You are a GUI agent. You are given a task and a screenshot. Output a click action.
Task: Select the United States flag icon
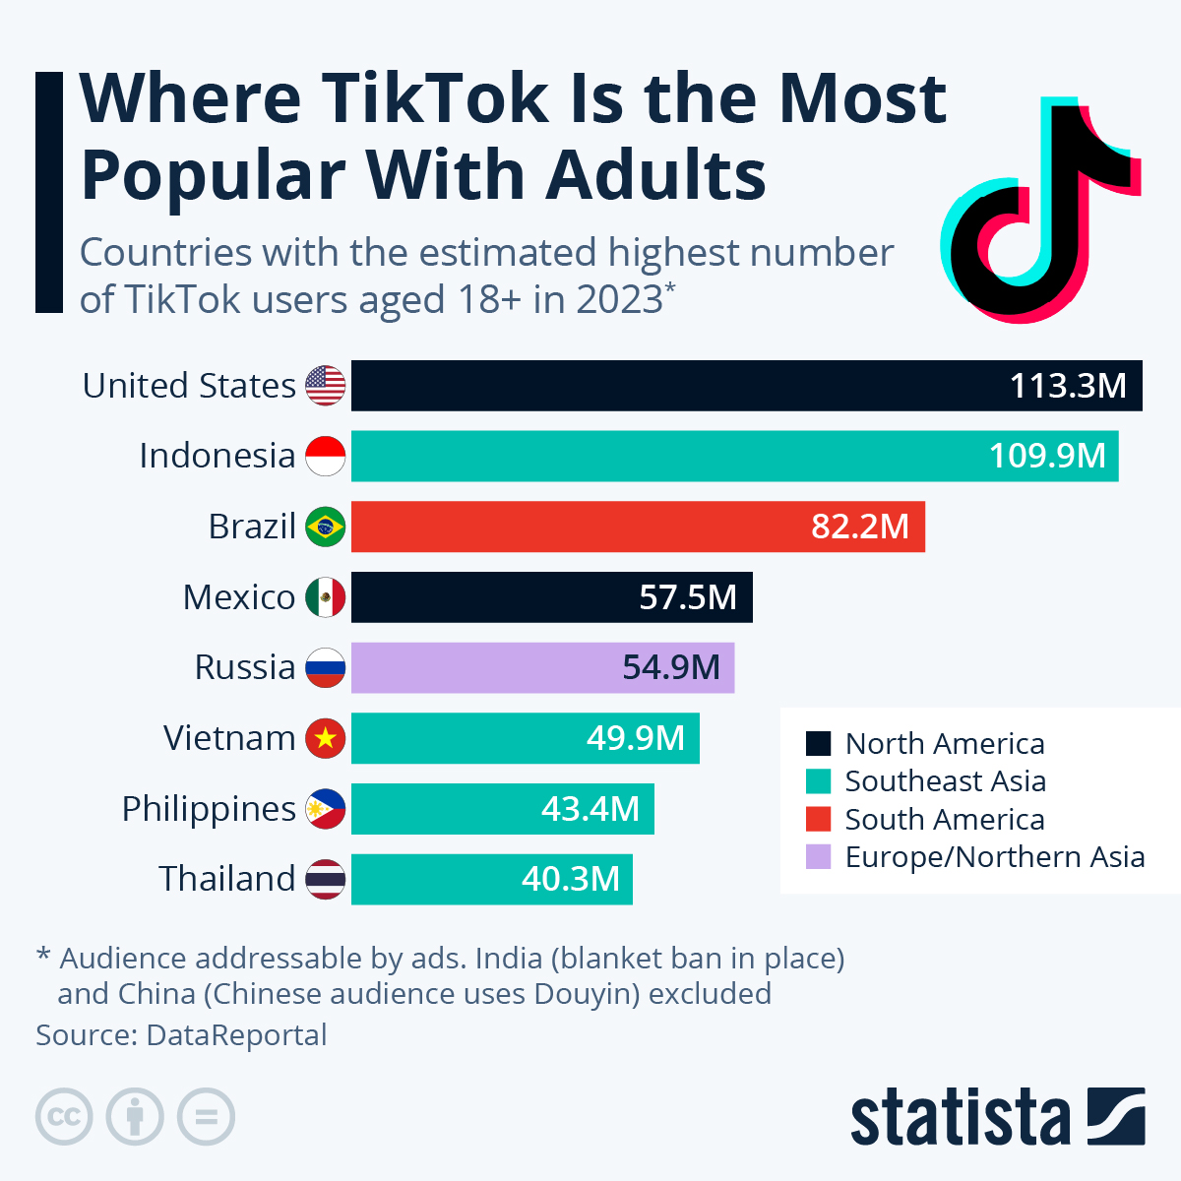coord(325,386)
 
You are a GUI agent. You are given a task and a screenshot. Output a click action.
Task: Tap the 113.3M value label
coord(1068,386)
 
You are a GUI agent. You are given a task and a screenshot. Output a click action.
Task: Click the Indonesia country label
coord(217,456)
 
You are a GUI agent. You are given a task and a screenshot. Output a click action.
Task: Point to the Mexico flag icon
coord(325,597)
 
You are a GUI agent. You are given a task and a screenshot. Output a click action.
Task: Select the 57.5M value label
coord(688,597)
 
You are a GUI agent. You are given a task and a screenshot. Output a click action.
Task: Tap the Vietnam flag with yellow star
coord(325,738)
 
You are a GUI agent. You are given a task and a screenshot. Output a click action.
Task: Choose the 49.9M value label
coord(635,738)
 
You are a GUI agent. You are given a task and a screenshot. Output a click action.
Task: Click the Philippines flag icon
coord(325,809)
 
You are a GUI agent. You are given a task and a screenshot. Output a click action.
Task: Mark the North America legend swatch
coord(818,744)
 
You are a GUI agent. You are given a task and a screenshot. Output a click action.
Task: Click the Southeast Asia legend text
coord(945,781)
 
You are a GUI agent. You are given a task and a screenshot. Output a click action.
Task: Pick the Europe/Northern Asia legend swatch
coord(818,857)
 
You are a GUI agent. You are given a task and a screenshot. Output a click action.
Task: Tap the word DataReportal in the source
coord(236,1035)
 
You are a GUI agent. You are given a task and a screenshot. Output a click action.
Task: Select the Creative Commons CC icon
coord(64,1117)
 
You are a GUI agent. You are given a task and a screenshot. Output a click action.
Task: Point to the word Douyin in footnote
coord(587,994)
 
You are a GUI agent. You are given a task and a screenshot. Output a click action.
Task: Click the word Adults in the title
coord(655,175)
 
